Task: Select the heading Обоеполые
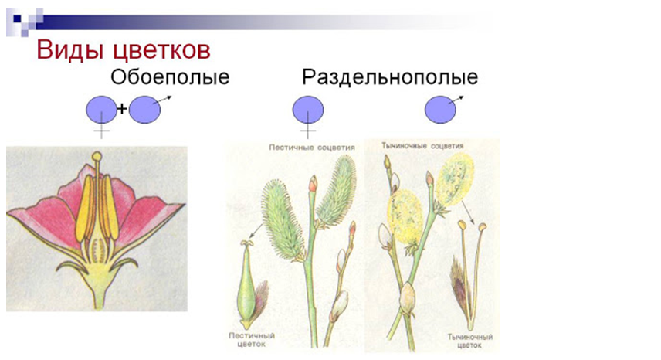(x=170, y=77)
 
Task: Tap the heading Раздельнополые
(x=390, y=77)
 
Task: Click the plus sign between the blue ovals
(x=122, y=109)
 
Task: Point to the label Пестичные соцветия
(x=312, y=148)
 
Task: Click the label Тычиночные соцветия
(x=422, y=146)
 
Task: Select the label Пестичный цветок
(x=252, y=340)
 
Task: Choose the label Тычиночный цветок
(x=470, y=341)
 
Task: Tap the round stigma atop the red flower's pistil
(x=97, y=157)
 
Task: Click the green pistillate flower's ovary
(x=246, y=291)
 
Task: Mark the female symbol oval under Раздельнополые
(x=308, y=110)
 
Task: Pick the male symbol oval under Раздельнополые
(x=440, y=110)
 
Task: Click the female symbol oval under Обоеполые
(x=102, y=110)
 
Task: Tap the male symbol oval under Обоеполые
(x=144, y=110)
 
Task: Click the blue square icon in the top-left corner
(x=17, y=19)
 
